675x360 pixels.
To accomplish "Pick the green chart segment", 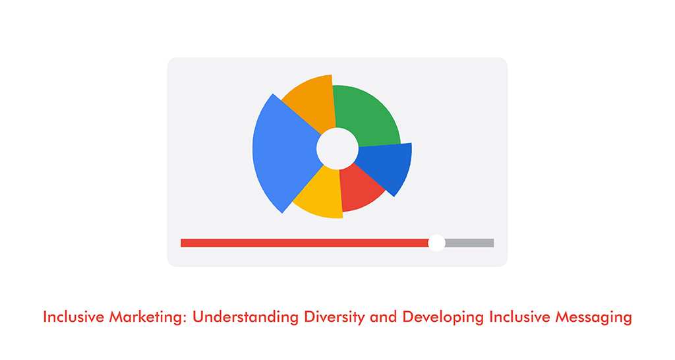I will click(x=367, y=115).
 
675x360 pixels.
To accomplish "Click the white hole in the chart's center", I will click(x=337, y=148).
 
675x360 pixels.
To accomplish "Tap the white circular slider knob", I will click(x=436, y=243).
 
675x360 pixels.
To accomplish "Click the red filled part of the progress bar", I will click(x=303, y=243).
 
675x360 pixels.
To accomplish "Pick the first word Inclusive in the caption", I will click(x=69, y=317).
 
